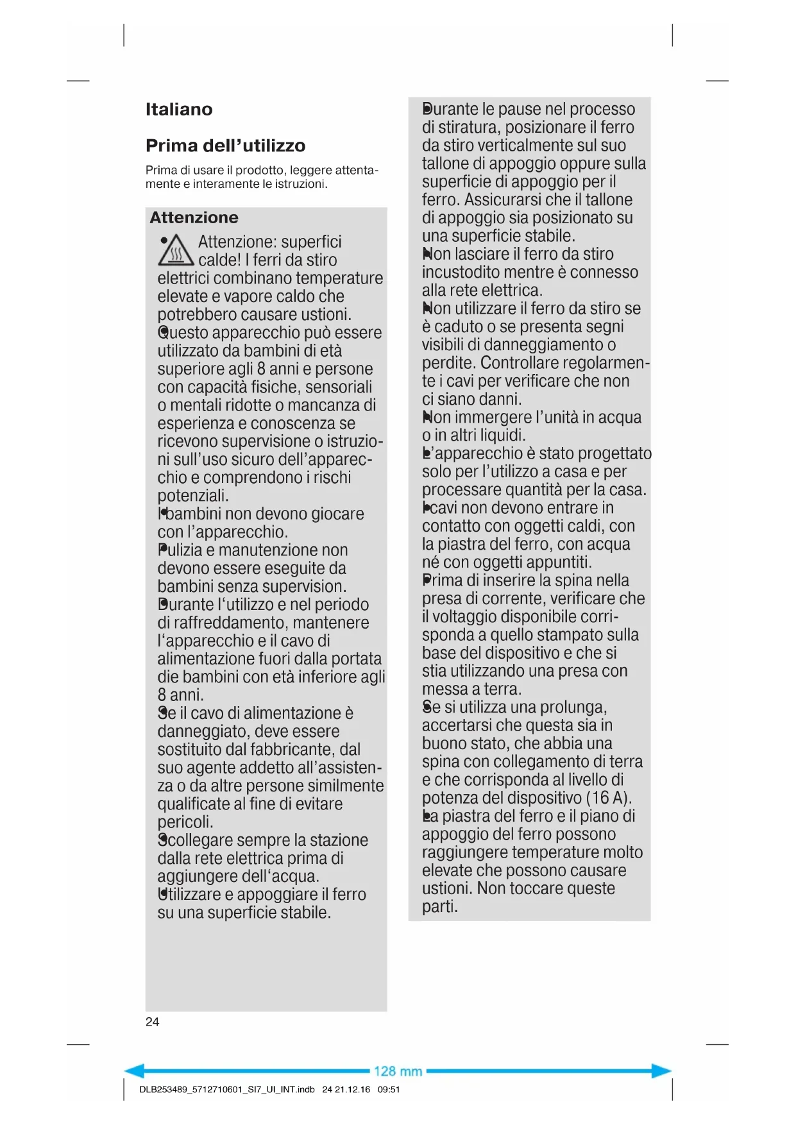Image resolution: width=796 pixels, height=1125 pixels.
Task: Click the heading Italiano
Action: tap(178, 110)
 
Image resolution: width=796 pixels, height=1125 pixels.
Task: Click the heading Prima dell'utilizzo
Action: tap(225, 146)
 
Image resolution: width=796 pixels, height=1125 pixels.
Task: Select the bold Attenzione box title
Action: tap(194, 217)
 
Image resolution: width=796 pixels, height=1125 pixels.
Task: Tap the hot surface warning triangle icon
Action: tap(176, 251)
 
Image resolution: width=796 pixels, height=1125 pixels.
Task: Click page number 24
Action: tap(152, 1022)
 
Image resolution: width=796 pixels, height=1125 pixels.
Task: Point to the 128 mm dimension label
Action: tap(398, 1071)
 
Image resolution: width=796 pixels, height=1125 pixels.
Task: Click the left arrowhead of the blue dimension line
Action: tap(133, 1070)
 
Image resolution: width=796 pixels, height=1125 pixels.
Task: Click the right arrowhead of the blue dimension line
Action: tap(663, 1070)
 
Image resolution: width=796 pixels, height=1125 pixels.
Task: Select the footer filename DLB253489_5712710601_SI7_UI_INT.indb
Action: tap(226, 1089)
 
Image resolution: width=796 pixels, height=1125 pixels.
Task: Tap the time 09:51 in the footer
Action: tap(389, 1089)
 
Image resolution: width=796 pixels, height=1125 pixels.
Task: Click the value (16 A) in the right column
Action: tap(609, 798)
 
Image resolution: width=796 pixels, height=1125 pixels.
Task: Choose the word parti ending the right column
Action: tap(439, 907)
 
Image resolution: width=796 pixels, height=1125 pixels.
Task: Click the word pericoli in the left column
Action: tap(185, 822)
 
